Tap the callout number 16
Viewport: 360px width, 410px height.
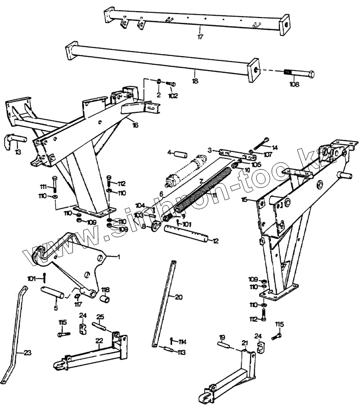click(135, 125)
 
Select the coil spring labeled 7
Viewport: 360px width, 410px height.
click(203, 188)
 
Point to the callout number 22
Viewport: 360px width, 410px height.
click(99, 341)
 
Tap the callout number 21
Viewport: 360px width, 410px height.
click(245, 343)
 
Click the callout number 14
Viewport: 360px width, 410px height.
click(275, 147)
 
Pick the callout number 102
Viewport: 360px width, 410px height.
click(173, 95)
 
